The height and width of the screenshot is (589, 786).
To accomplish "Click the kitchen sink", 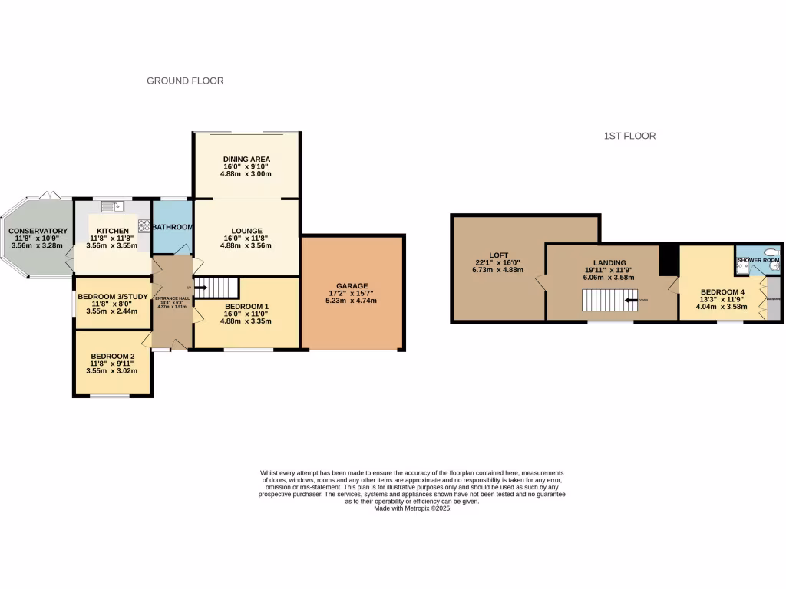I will pos(112,206).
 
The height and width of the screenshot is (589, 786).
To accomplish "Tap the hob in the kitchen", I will pos(144,225).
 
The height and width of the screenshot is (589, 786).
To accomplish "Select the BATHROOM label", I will pos(172,227).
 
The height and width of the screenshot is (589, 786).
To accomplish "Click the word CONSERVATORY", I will pos(38,231).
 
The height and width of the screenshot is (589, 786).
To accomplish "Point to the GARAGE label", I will pos(352,285).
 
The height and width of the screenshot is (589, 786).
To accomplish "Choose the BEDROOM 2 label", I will pos(113,356).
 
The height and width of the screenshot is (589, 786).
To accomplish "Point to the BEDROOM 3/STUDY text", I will pos(113,294).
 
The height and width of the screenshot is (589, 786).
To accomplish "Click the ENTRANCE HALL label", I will pos(172,298).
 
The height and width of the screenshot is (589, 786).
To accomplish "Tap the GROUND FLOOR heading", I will pos(185,81).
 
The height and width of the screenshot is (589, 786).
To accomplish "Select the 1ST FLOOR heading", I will pos(629,136).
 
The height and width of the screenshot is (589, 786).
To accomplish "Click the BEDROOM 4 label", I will pos(722,292).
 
